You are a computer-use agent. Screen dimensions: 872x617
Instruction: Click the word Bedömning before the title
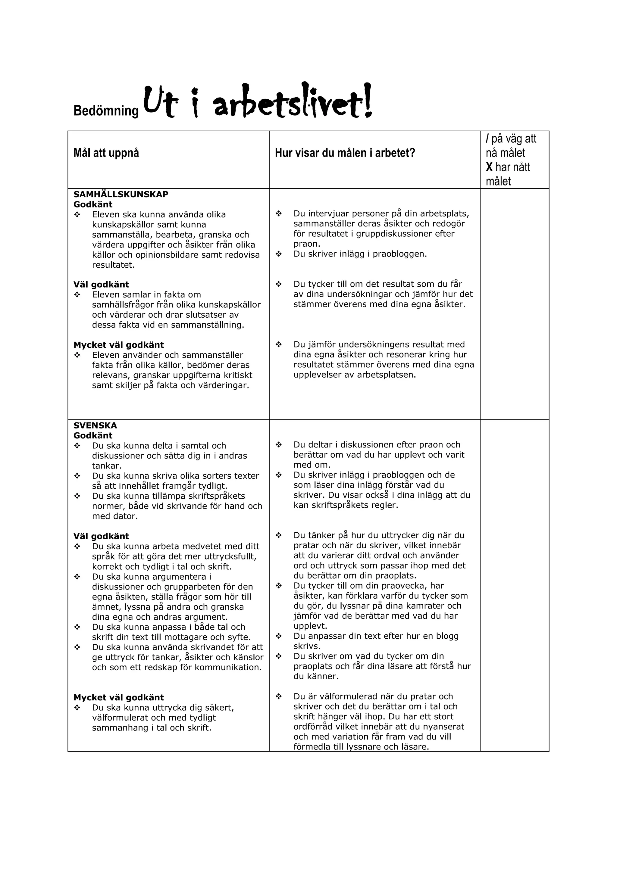[x=106, y=111]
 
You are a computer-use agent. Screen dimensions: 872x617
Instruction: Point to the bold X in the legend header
[x=489, y=167]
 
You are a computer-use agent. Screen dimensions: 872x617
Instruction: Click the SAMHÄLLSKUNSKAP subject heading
[x=121, y=194]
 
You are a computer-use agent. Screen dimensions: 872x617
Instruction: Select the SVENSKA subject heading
[x=95, y=425]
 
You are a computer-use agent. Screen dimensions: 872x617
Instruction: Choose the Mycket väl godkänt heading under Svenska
[x=118, y=698]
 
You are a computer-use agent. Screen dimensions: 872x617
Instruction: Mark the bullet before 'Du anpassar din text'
[x=278, y=636]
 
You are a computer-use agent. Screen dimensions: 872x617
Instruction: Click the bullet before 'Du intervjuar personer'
[x=278, y=213]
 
